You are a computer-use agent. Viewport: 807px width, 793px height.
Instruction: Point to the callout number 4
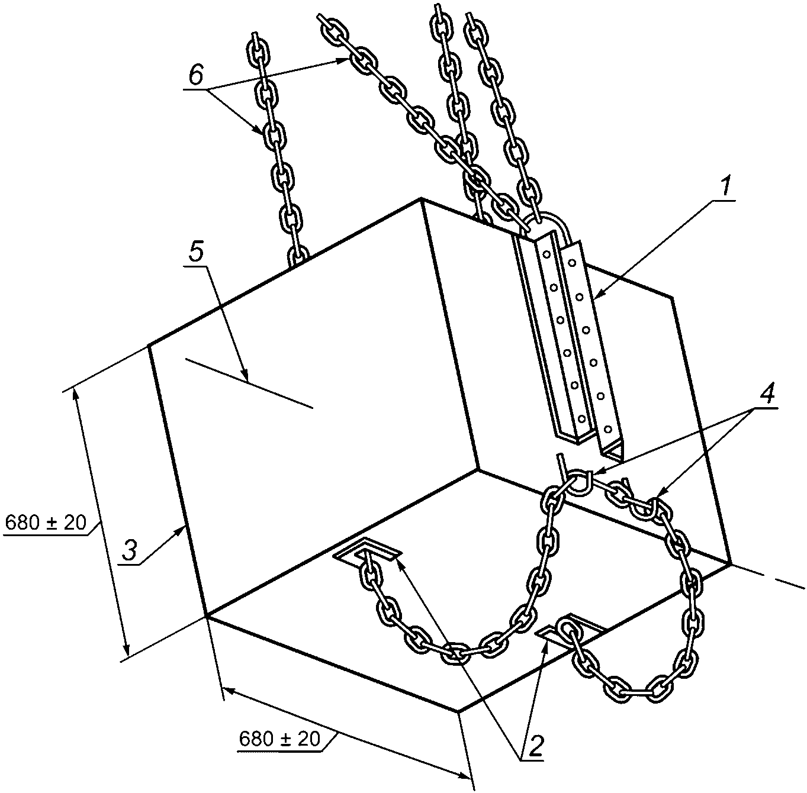pos(766,394)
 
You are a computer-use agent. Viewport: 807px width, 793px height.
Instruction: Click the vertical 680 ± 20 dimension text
pos(46,522)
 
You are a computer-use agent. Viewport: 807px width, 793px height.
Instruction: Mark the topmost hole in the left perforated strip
pos(545,254)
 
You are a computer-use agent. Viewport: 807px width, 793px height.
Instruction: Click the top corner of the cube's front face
pos(421,199)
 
